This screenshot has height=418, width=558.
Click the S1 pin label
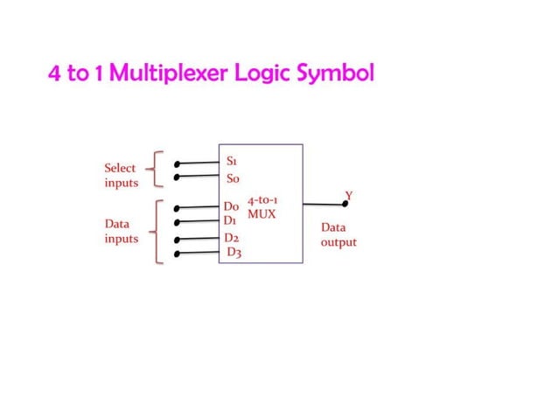[233, 162]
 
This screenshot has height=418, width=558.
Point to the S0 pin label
[234, 178]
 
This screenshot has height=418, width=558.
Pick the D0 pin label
[232, 207]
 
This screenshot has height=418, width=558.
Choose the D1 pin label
[231, 221]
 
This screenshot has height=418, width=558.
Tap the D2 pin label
[232, 238]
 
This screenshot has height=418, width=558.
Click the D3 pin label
[234, 253]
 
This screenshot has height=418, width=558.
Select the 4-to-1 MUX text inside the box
[262, 207]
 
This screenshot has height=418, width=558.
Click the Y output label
[349, 194]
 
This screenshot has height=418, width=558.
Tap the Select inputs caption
[121, 175]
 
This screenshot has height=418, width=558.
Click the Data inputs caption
[121, 231]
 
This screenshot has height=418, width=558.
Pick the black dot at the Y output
[345, 204]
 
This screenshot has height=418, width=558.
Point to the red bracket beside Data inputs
[155, 232]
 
